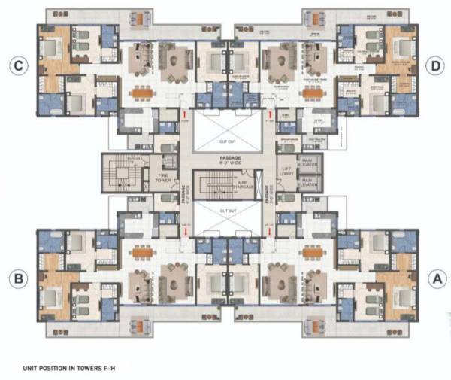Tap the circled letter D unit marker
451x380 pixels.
pyautogui.click(x=434, y=66)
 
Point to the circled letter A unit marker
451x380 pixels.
pyautogui.click(x=434, y=278)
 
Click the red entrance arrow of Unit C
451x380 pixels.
pyautogui.click(x=184, y=114)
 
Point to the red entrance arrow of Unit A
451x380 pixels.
pyautogui.click(x=269, y=232)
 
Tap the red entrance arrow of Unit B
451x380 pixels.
pyautogui.click(x=184, y=232)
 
